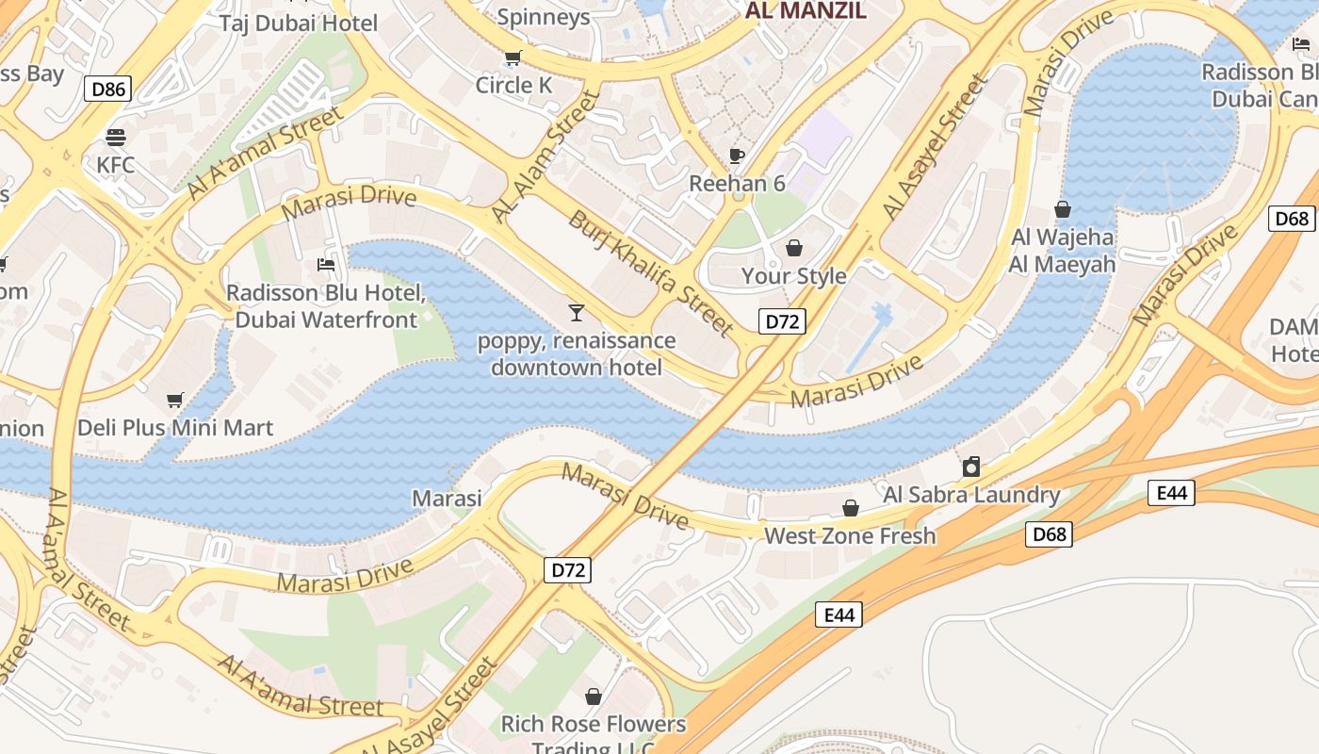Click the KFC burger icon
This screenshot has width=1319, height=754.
116,138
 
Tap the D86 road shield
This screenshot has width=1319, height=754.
107,90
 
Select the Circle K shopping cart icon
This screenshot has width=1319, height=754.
513,58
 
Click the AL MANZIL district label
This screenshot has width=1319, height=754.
805,11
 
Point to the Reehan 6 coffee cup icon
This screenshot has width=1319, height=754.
737,156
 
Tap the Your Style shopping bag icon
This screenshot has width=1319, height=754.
794,248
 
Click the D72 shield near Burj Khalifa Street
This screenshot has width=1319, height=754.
782,321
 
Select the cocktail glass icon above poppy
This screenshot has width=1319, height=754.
576,312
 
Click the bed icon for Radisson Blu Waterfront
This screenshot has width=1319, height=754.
326,265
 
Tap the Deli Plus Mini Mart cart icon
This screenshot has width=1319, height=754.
174,401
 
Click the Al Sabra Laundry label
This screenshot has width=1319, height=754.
971,494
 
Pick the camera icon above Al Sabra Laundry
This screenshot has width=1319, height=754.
971,467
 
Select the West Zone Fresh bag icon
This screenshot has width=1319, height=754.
851,508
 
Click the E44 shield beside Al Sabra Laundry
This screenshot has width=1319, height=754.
1171,492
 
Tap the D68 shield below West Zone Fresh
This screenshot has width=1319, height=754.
1049,534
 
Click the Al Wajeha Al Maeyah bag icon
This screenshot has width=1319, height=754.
1063,209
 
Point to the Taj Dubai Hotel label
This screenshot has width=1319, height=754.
298,23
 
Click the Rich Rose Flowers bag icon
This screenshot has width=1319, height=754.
594,697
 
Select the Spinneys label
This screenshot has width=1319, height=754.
543,16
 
